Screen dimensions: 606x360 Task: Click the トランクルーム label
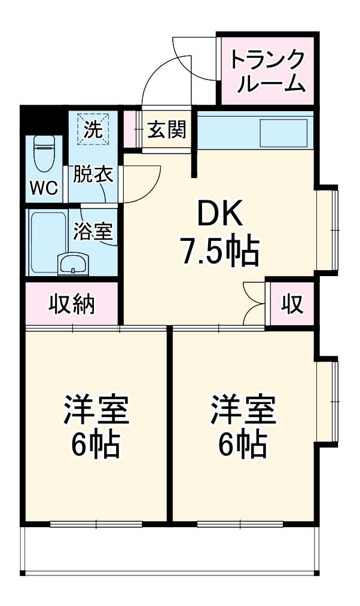pos(267,71)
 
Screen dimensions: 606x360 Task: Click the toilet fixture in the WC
pos(44,154)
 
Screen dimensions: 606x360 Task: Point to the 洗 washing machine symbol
pos(93,129)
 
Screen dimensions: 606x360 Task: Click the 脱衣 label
pos(93,175)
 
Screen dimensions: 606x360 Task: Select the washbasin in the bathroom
pos(73,262)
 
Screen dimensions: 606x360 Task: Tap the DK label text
pos(219,213)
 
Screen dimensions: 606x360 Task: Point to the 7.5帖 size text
pos(219,251)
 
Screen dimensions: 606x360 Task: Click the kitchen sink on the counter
pos(282,133)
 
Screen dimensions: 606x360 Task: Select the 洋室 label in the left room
pos(96,411)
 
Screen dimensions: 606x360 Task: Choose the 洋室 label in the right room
pos(242,411)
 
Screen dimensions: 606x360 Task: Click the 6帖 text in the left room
pos(96,443)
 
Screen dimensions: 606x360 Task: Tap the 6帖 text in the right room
pos(242,443)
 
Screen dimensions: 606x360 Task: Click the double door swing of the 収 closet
pos(254,304)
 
